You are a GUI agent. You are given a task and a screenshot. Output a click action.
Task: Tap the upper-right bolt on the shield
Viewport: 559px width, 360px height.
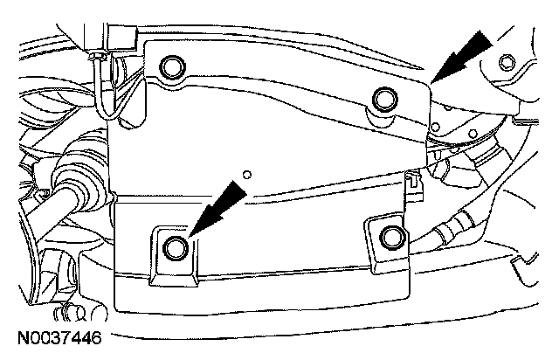[383, 98]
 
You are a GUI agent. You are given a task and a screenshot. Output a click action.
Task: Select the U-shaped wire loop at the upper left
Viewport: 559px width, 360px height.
[105, 96]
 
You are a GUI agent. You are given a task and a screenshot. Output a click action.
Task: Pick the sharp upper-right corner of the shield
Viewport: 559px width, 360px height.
[431, 81]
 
